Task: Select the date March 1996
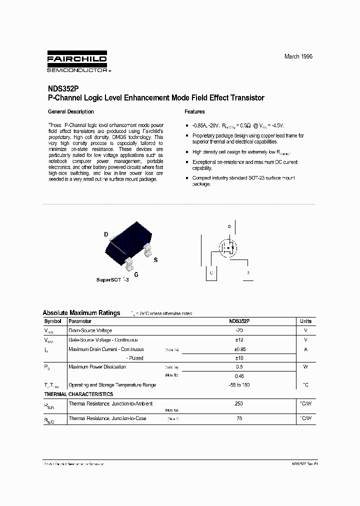tap(298, 56)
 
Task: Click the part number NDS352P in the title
tap(63, 89)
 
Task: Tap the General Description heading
tap(70, 111)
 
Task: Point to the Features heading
tap(194, 111)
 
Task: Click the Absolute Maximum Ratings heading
tap(81, 313)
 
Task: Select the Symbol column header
tap(52, 321)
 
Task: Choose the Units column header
tap(305, 321)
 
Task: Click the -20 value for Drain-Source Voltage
tap(238, 330)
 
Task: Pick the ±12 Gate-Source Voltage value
tap(238, 340)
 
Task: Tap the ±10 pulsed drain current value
tap(238, 358)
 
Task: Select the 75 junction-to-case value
tap(238, 418)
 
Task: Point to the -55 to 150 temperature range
tap(238, 385)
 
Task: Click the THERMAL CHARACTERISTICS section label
tap(78, 394)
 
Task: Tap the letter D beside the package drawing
tap(106, 234)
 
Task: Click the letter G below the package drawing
tap(136, 274)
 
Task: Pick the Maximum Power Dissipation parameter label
tap(97, 367)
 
